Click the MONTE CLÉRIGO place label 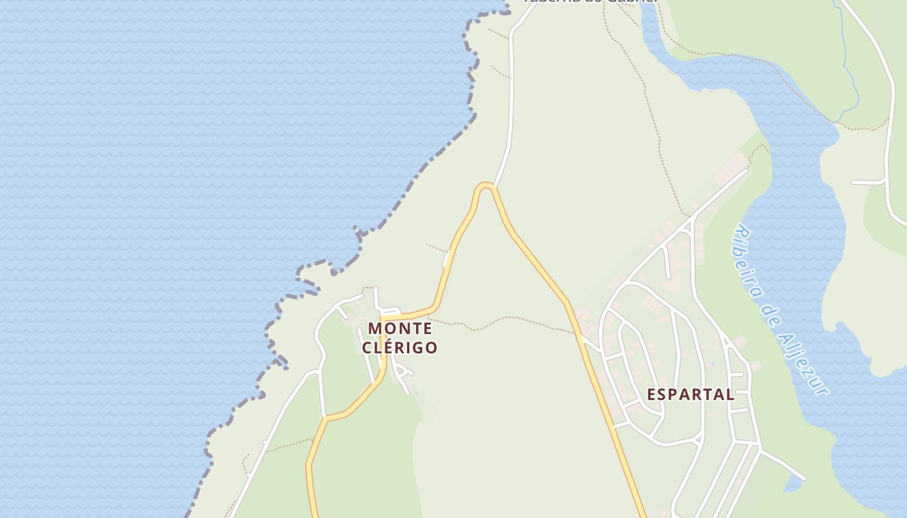tap(400, 337)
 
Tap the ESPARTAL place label tap(691, 394)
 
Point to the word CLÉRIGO tap(400, 348)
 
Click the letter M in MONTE tap(374, 328)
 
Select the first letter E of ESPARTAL tap(652, 394)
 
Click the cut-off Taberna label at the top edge tap(590, 2)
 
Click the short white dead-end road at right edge tap(868, 183)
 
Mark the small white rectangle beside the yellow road tap(446, 259)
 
